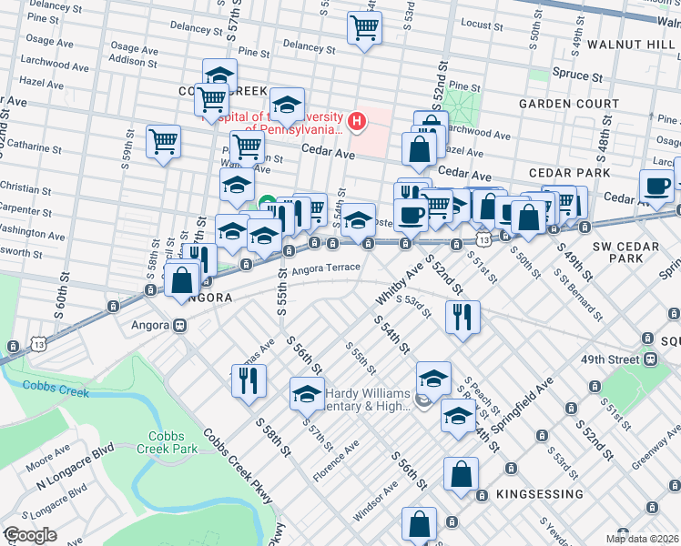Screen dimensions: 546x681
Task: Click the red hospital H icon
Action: point(357,120)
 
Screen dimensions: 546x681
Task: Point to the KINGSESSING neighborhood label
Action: point(540,494)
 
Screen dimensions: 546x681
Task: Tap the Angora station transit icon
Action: point(180,325)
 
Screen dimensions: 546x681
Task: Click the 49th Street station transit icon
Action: point(651,359)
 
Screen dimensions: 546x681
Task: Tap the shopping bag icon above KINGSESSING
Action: point(462,473)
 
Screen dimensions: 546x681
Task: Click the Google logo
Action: point(30,535)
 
